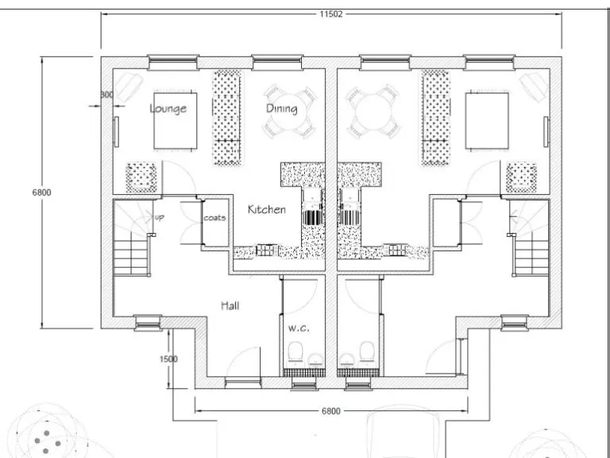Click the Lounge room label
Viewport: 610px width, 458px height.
tap(168, 108)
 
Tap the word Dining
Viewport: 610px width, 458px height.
tap(281, 108)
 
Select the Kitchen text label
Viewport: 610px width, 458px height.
tap(266, 210)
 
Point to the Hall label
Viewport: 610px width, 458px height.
tap(230, 305)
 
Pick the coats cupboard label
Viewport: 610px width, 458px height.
tap(214, 218)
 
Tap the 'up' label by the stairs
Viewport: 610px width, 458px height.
tap(159, 216)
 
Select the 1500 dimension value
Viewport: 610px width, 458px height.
tap(168, 359)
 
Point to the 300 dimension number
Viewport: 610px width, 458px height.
tap(106, 95)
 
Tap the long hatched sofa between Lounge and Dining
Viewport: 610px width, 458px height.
tap(226, 118)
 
